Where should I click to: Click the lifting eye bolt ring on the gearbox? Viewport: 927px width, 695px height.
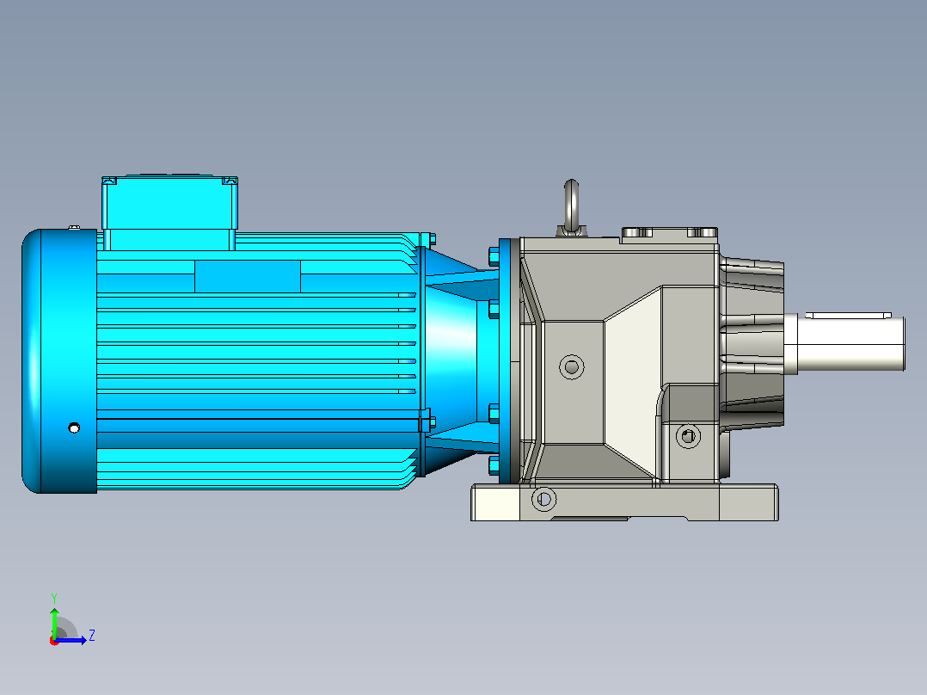point(571,204)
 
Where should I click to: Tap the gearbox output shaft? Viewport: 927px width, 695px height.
point(850,343)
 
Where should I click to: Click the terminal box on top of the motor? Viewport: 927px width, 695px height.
point(169,211)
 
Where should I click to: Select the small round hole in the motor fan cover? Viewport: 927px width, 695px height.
point(74,427)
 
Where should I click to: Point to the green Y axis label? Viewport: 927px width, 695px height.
point(54,598)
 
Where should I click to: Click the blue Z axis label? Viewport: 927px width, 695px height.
point(92,636)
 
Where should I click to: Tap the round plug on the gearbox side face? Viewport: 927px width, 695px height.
point(571,367)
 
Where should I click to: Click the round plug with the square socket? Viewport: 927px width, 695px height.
point(688,436)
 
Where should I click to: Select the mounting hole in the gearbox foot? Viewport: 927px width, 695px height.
point(543,500)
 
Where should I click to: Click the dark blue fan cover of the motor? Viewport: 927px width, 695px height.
point(59,360)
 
